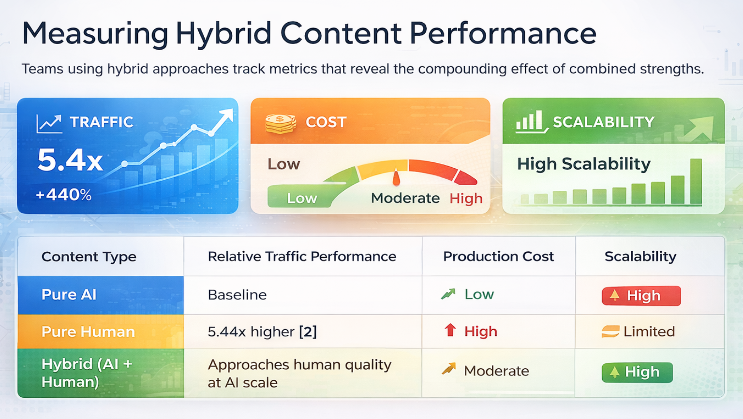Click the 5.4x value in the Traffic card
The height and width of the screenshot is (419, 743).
click(x=70, y=160)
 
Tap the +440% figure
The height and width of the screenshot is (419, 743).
click(x=63, y=195)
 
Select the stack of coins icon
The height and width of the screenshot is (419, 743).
click(x=280, y=123)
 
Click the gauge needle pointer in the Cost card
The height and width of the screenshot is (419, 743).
click(x=396, y=177)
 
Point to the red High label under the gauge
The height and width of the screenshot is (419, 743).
click(x=466, y=198)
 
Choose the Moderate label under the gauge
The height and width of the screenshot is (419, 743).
click(x=405, y=198)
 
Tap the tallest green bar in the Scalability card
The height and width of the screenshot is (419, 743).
click(x=696, y=181)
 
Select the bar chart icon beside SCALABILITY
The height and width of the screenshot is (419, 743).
click(x=530, y=122)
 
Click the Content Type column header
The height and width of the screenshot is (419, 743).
click(x=89, y=257)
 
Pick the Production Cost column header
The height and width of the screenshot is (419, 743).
click(x=498, y=257)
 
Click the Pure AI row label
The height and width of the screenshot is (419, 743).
click(x=69, y=295)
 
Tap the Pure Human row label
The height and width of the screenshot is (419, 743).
click(x=88, y=332)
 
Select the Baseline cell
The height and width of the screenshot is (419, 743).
click(x=237, y=295)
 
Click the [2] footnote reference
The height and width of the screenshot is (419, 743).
click(x=308, y=332)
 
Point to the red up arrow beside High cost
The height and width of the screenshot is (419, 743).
click(x=450, y=331)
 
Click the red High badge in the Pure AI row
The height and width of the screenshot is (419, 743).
click(x=641, y=296)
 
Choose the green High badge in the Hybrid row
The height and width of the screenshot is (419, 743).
click(x=637, y=372)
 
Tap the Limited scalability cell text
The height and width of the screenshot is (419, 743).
click(x=648, y=332)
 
